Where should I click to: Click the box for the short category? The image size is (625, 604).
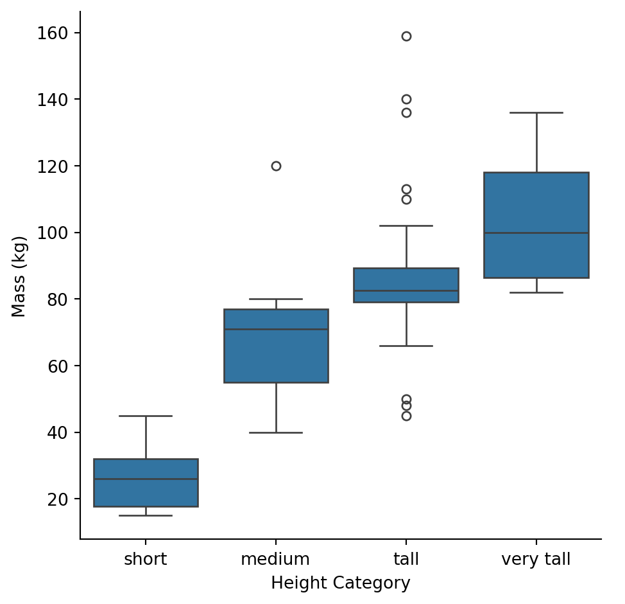point(146,483)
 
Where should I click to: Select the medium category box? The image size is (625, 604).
point(276,346)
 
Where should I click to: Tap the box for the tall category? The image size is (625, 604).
point(406,285)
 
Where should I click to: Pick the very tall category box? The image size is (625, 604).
point(536,225)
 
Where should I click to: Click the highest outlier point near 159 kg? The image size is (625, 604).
point(406,36)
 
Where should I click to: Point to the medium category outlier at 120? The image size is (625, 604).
point(276,166)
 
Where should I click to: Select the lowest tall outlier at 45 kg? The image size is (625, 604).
point(406,416)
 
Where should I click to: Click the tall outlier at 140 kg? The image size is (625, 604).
point(406,99)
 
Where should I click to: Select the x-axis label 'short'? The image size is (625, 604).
point(146,560)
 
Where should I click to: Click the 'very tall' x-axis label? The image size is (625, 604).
point(536,560)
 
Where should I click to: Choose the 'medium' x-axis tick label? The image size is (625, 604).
point(275,560)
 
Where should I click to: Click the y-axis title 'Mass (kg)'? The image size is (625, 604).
point(20,277)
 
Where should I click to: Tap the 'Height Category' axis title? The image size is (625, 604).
point(340,583)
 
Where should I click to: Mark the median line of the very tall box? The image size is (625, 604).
point(536,233)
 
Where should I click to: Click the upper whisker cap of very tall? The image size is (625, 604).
point(536,112)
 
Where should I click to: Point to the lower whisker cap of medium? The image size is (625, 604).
point(276,432)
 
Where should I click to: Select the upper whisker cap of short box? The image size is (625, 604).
point(146,416)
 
